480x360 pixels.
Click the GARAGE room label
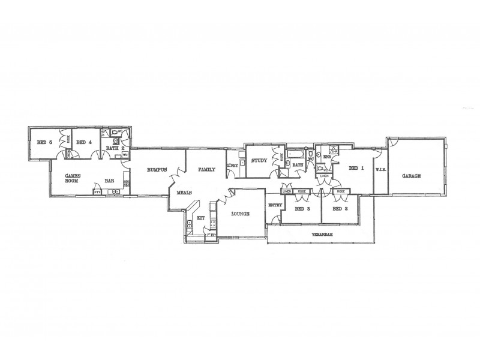tap(411, 176)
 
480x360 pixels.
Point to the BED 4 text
tap(83, 142)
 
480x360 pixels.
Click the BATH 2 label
tap(115, 148)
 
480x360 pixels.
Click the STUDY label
tap(259, 161)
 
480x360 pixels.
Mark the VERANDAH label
tap(322, 234)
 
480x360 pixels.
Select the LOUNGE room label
tap(239, 214)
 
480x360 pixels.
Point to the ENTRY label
tap(275, 205)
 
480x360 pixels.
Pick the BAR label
tap(110, 180)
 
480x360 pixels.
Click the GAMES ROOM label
tap(73, 178)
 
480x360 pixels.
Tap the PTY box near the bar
tap(97, 192)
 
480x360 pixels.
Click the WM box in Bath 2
tap(125, 155)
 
